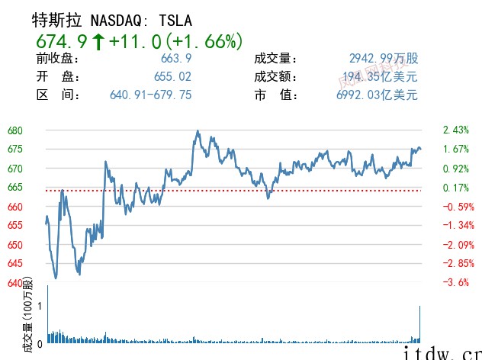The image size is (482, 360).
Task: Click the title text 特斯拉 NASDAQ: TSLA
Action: [111, 20]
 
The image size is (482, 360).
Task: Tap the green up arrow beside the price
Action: [98, 40]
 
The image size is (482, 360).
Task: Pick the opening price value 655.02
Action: [172, 77]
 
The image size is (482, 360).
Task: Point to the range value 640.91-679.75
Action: [150, 95]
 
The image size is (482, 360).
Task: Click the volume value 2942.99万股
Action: [384, 59]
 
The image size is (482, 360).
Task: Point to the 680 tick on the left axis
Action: [15, 130]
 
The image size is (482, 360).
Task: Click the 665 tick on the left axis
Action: [15, 188]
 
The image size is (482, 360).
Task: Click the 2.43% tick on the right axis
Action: [455, 130]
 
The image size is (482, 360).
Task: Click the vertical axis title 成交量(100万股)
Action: [29, 314]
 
